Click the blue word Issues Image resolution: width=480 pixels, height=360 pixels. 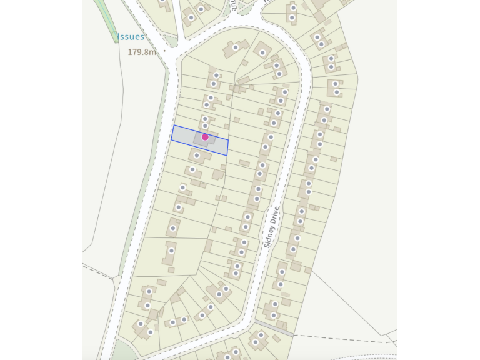point(131,37)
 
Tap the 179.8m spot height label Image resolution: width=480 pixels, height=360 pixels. point(141,52)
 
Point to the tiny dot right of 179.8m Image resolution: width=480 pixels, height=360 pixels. point(165,51)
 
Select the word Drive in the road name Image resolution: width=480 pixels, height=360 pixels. point(276,213)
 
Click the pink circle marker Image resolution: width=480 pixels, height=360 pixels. point(205,137)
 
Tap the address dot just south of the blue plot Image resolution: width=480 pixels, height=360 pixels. point(197,155)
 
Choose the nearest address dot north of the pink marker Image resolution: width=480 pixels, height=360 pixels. point(204,126)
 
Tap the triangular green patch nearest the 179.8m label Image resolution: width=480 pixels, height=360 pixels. point(172,39)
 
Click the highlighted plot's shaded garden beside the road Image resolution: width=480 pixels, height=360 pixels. point(184,135)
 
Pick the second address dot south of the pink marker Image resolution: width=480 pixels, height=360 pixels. point(192,169)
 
